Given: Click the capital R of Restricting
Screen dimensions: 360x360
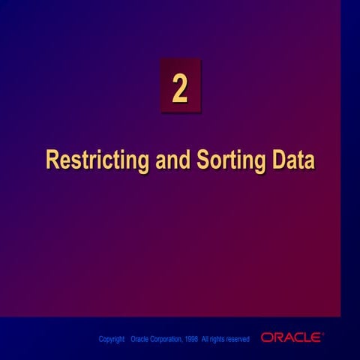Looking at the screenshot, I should click(x=52, y=161).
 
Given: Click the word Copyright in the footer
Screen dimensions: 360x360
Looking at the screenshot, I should click(x=112, y=340).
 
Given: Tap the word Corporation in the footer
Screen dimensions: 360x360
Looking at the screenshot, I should click(x=168, y=340).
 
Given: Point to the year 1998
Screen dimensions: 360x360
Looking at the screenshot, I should click(x=191, y=340).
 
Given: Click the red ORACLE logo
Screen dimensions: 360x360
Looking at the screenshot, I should click(x=292, y=338).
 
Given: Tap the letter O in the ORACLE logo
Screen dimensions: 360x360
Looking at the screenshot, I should click(x=266, y=338).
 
